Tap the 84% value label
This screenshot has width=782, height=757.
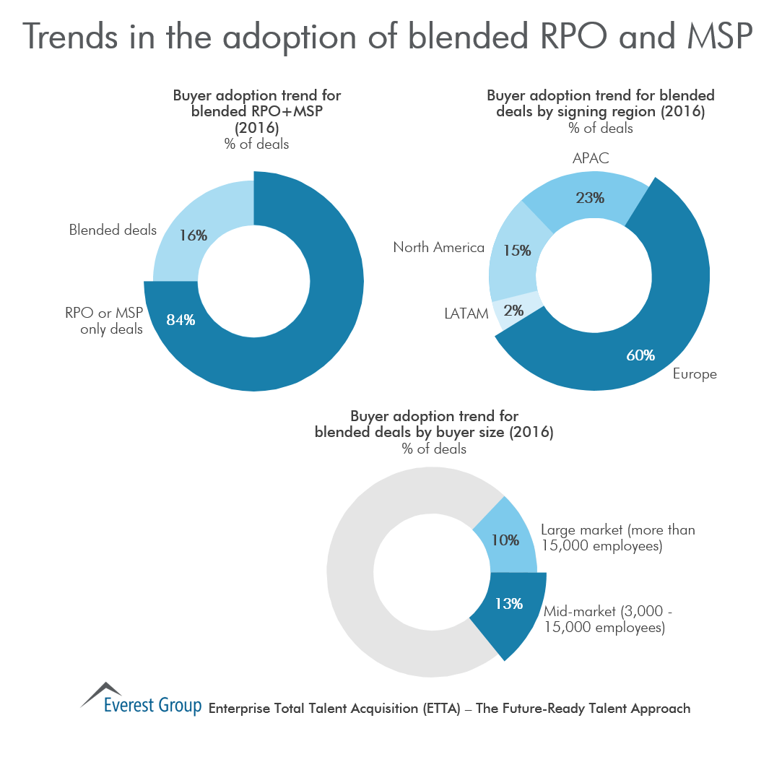coord(181,319)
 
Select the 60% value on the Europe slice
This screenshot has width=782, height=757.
coord(640,355)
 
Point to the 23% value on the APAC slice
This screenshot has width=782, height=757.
coord(590,196)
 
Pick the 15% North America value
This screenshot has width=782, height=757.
coord(517,251)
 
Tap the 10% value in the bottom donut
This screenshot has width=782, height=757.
coord(505,539)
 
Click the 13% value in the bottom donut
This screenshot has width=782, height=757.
coord(509,603)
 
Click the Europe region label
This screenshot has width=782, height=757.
coord(695,374)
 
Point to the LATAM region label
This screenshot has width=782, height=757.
coord(465,313)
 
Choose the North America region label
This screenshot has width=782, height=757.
coord(438,248)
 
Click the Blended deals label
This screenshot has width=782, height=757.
coord(113,230)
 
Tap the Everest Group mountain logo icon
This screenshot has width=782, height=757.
coord(101,692)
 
